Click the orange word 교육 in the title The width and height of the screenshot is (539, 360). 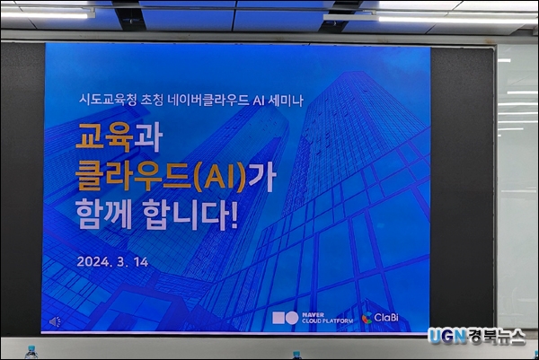(x=104, y=137)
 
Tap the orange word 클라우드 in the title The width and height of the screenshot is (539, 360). (x=133, y=177)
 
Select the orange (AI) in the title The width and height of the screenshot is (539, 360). (x=220, y=177)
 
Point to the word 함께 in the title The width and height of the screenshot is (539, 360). (x=103, y=215)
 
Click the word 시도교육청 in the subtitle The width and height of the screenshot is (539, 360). (x=108, y=101)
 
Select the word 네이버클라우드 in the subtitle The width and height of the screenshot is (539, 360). (x=208, y=101)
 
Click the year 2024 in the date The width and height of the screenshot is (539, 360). (x=93, y=262)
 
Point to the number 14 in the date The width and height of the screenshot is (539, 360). (x=141, y=262)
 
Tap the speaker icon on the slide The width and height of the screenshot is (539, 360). (x=55, y=322)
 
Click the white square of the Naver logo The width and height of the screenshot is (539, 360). (x=278, y=318)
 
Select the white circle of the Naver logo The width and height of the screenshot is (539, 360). (x=292, y=318)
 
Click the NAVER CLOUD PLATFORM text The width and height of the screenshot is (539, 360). (x=327, y=318)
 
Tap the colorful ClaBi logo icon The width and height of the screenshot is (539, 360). (x=367, y=318)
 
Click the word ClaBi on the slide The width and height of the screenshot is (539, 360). (x=386, y=318)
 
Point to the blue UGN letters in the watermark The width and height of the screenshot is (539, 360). (x=446, y=337)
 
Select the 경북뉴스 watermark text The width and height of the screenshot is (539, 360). (x=496, y=337)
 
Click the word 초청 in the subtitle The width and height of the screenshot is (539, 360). (x=152, y=101)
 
